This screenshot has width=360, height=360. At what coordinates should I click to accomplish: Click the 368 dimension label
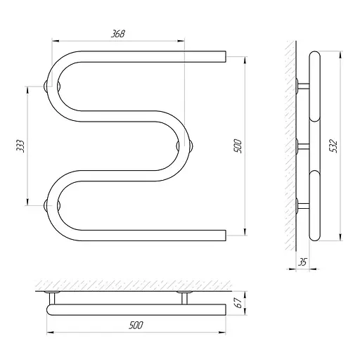(x=117, y=34)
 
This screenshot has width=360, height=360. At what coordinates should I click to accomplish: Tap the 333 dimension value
(x=20, y=146)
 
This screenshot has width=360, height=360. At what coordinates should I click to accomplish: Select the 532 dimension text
(x=333, y=146)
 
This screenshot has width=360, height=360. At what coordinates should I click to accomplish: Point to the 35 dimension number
(x=302, y=262)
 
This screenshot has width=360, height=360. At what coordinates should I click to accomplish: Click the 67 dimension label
(x=238, y=303)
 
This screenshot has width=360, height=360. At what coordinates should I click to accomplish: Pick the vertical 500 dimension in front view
(x=238, y=146)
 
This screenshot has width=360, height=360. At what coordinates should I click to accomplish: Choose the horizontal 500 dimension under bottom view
(x=136, y=326)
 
